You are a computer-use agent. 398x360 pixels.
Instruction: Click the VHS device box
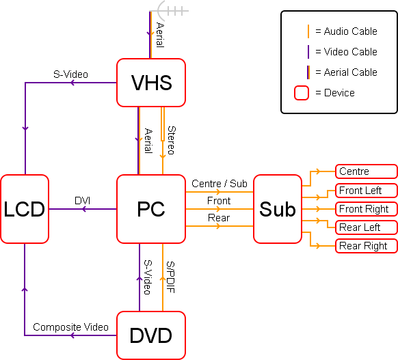coord(151,83)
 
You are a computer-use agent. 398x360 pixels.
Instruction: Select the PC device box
coord(151,209)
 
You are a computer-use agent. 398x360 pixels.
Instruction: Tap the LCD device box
coord(25,209)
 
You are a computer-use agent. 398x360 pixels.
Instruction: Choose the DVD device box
coord(151,335)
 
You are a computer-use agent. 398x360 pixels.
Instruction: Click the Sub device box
coord(278,209)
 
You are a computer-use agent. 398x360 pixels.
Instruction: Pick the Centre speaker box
coord(367,171)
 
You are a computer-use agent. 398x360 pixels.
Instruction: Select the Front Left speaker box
coord(367,191)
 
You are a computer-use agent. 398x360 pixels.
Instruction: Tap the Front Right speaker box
coord(367,209)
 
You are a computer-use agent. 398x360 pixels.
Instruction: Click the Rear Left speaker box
coord(367,227)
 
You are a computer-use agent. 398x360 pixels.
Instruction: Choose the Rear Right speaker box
coord(367,246)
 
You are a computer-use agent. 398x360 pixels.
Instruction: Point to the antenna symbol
coord(170,11)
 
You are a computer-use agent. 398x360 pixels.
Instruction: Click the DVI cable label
coord(83,201)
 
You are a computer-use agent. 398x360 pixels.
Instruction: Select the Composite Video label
coord(71,327)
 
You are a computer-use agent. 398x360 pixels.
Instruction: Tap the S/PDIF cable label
coord(170,277)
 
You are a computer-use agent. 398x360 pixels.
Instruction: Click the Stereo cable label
coord(172,140)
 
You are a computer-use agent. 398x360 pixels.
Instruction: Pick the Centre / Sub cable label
coord(220,184)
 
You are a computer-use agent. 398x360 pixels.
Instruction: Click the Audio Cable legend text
coord(351,31)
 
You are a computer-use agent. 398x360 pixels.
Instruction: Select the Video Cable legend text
coord(351,52)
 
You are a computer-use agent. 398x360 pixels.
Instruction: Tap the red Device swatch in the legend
coord(302,93)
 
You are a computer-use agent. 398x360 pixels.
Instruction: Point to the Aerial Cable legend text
coord(351,72)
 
